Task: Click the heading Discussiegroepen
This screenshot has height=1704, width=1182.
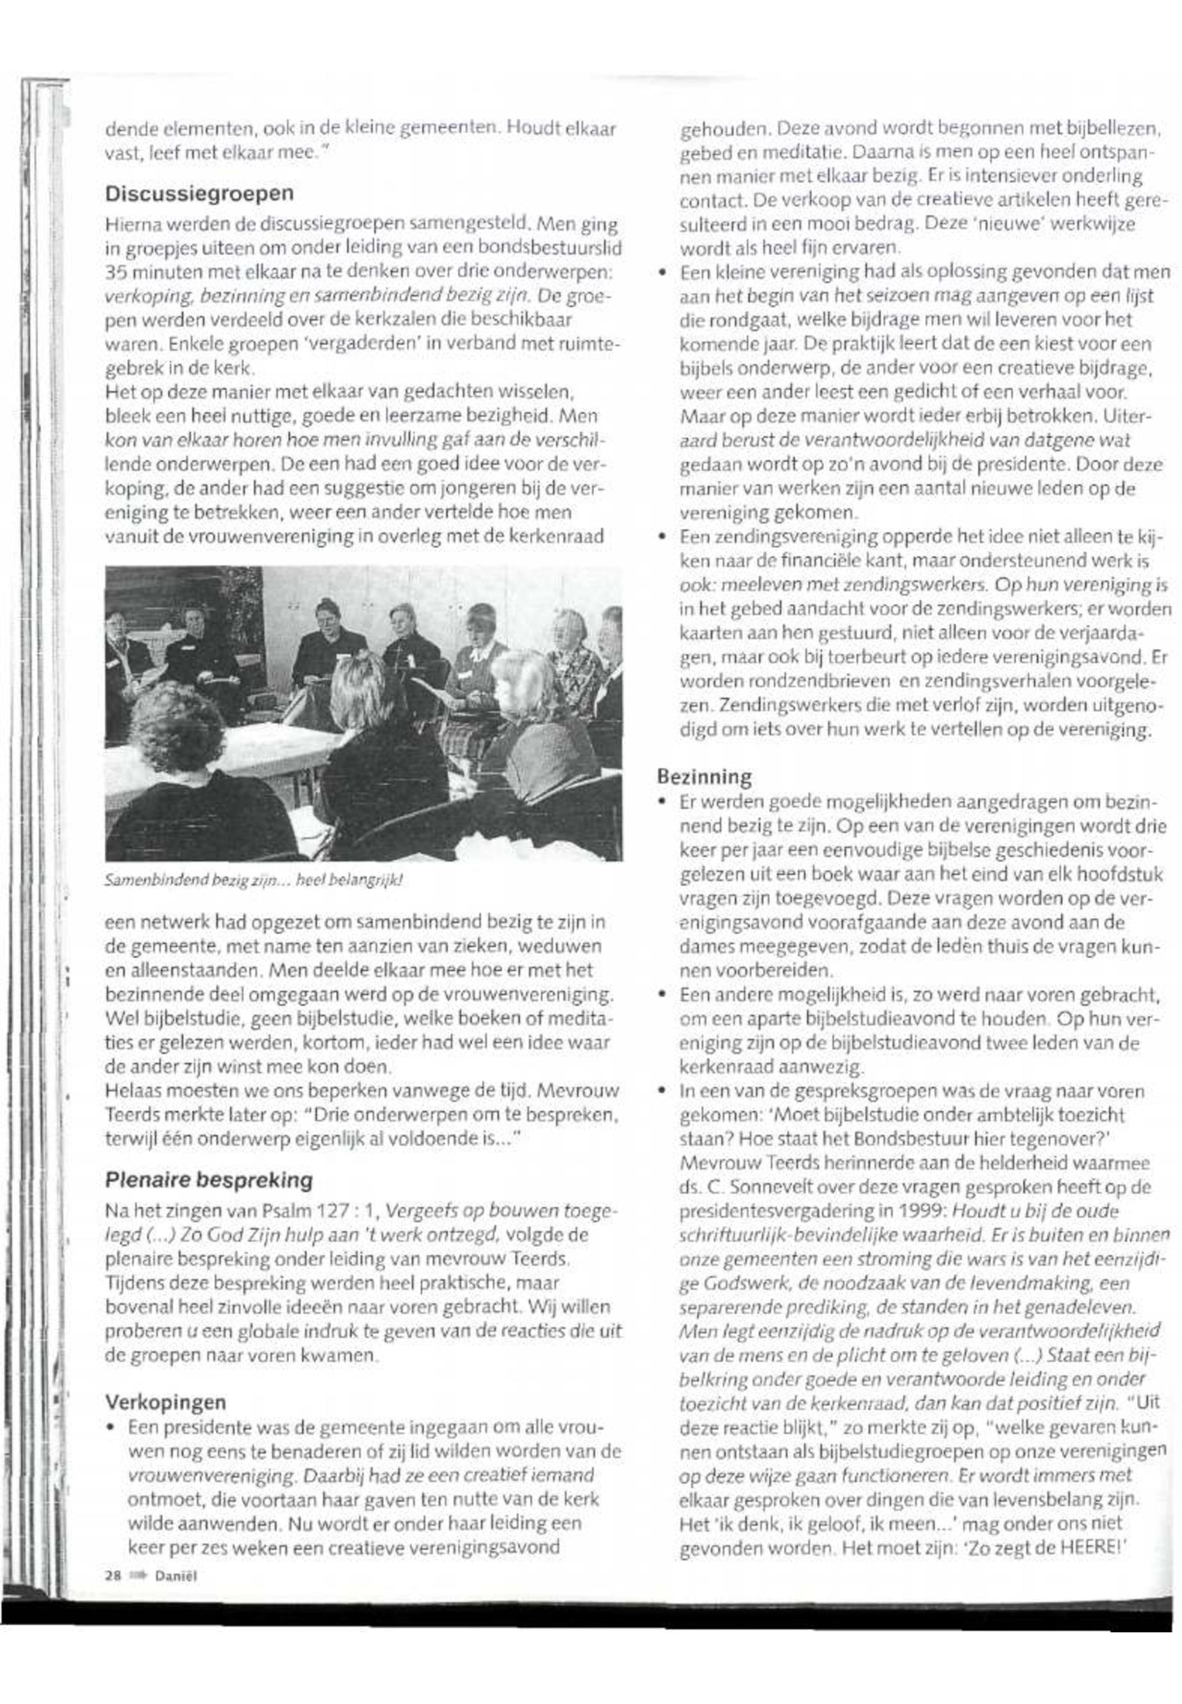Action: [x=199, y=194]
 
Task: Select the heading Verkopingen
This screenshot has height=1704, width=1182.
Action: [x=165, y=1402]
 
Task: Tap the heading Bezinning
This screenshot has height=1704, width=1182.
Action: [x=704, y=777]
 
